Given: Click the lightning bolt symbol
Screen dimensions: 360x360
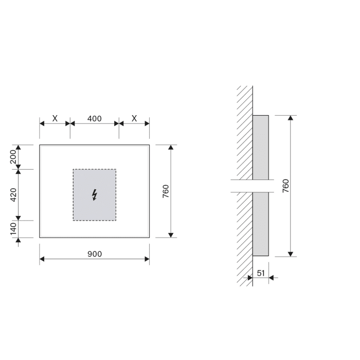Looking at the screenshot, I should click(94, 194).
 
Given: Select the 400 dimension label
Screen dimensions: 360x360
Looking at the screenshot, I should click(94, 118).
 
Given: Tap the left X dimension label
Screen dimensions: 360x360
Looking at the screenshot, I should click(55, 118).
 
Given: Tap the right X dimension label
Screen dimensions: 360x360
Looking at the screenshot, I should click(134, 118).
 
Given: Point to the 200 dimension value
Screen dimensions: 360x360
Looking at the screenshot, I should click(14, 157).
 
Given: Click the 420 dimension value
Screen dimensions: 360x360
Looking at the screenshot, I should click(14, 194).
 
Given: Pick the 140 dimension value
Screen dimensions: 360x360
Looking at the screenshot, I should click(14, 229).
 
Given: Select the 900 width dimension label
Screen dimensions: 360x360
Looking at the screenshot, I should click(94, 254).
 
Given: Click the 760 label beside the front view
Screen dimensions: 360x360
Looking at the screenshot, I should click(166, 191).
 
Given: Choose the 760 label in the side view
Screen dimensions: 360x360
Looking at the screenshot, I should click(286, 186).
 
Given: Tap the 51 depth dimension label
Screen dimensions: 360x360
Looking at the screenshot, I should click(261, 273).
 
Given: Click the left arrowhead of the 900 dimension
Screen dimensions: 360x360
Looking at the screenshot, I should click(42, 259).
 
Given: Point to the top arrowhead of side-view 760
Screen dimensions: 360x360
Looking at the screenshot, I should click(291, 118).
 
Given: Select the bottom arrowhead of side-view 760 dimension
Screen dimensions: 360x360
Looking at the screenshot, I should click(291, 254).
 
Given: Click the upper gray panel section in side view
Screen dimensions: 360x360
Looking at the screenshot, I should click(260, 147).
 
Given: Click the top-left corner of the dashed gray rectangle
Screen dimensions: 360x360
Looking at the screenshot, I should click(73, 169).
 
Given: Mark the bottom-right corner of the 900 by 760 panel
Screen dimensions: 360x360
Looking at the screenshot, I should click(149, 238).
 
